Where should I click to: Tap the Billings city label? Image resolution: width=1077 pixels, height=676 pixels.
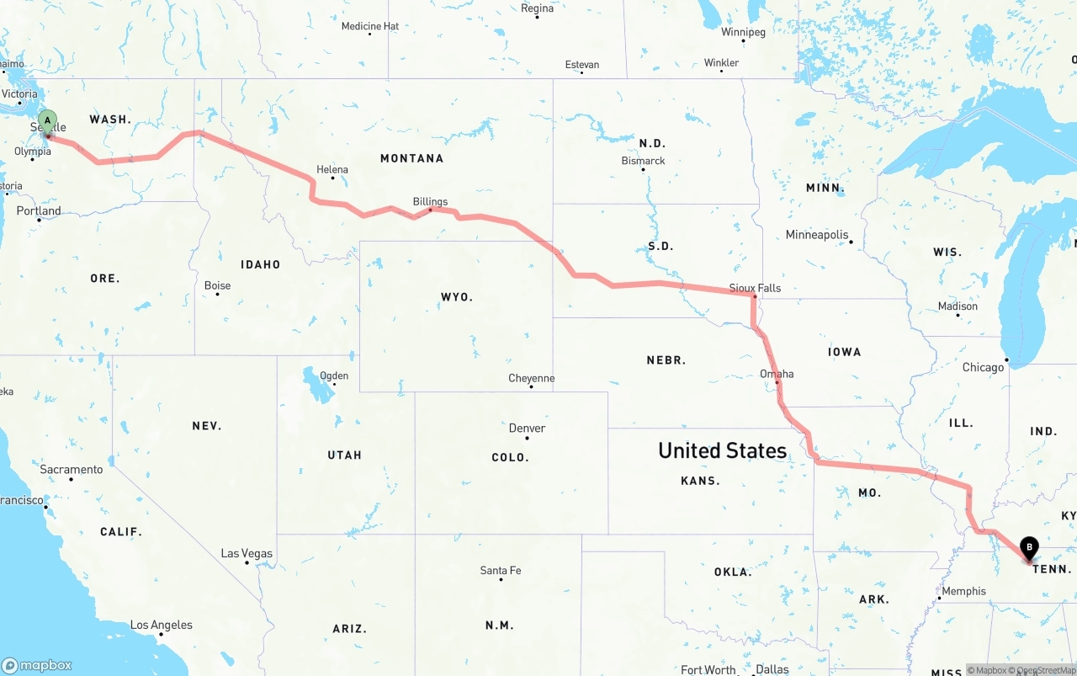coord(430,202)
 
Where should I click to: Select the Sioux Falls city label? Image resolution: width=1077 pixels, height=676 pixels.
coord(755,288)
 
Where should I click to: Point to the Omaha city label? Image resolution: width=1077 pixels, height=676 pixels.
coord(776,374)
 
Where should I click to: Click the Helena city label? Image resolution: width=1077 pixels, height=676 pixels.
coord(332,169)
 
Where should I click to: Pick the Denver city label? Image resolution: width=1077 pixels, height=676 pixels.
coord(527,428)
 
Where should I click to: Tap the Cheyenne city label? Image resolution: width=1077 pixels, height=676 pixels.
coord(531,378)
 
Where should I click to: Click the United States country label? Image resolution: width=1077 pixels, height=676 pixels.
coord(722,450)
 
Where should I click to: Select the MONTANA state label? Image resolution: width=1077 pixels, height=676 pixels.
coord(411,158)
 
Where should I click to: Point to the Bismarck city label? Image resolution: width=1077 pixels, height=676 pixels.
coord(643,161)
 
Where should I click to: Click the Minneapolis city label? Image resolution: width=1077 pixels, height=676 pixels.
coord(816,235)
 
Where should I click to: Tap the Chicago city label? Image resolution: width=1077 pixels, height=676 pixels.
coord(983,367)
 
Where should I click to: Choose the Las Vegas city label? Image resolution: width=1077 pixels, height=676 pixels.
coord(247,553)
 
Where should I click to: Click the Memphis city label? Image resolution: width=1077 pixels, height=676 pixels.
coord(963,591)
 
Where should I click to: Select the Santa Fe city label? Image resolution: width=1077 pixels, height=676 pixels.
coord(500,571)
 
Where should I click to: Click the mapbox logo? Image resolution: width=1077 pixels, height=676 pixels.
coord(37,665)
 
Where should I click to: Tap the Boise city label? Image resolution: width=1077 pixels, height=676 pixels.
coord(217,285)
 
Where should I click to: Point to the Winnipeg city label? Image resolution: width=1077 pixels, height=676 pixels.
coord(743,32)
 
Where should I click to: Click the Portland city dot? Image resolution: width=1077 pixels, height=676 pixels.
coord(39,221)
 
